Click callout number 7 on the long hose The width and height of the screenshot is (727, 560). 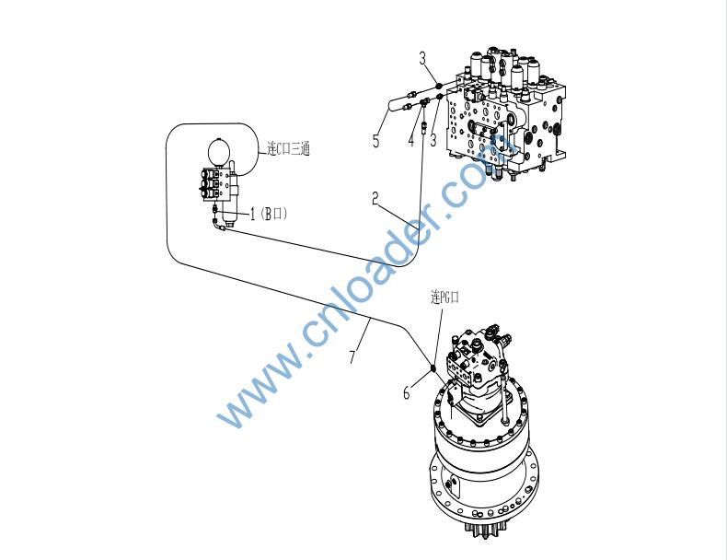353,356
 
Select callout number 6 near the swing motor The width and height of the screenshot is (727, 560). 407,392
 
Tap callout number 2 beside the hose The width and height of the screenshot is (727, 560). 375,199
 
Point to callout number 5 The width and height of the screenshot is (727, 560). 376,141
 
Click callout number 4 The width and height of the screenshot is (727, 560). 410,140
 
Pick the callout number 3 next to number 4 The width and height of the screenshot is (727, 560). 433,140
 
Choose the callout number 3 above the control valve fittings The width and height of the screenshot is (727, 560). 422,58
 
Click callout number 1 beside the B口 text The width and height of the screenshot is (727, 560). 253,214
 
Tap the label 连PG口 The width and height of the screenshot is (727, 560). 444,297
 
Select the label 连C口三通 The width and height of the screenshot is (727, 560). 288,148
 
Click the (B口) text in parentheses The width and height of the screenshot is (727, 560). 274,214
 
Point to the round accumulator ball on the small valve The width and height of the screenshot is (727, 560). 220,151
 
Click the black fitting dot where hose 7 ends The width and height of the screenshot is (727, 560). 433,367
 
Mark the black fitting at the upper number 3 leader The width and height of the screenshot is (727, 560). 438,85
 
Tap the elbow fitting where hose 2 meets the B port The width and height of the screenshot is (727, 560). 219,225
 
